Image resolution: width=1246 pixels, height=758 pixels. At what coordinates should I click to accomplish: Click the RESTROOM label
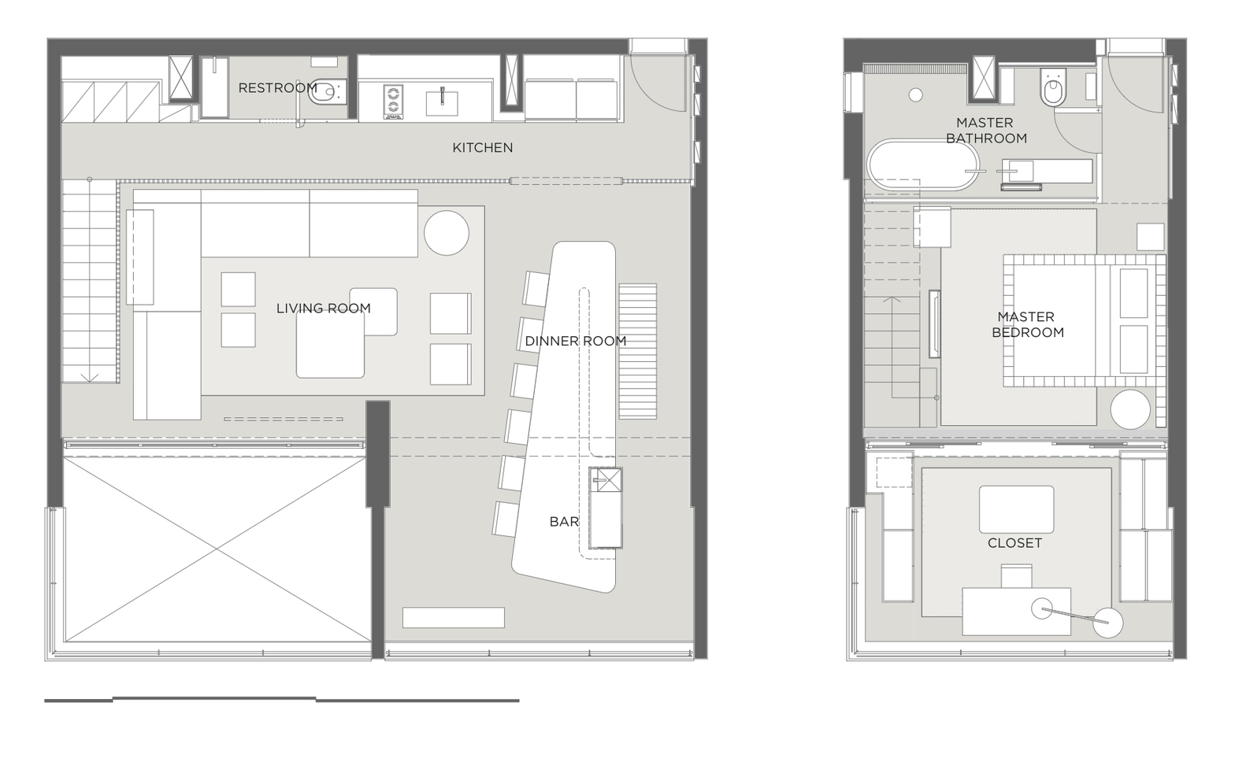point(277,88)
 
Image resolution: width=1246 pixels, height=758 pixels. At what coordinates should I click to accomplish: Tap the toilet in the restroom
point(325,94)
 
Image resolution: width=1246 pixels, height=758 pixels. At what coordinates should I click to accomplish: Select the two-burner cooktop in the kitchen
point(393,102)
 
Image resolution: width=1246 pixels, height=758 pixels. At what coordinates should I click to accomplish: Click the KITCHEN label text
point(482,148)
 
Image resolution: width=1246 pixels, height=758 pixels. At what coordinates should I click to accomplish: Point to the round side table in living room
point(447,233)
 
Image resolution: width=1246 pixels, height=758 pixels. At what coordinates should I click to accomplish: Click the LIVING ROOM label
point(323,309)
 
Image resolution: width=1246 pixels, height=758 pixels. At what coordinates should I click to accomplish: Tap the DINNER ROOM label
point(575,341)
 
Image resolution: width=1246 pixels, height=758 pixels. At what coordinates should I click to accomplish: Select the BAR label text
point(564,522)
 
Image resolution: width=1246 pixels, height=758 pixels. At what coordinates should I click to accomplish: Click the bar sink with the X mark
point(606,479)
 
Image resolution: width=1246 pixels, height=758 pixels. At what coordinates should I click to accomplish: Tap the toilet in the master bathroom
point(1051,88)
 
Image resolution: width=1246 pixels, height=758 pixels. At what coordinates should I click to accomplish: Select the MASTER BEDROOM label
point(1027,324)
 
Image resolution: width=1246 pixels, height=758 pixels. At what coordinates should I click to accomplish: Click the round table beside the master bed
point(1130,409)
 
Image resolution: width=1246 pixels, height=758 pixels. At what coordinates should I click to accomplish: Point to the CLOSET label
point(1014,543)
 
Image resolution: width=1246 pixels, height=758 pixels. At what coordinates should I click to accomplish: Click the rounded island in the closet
point(1016,509)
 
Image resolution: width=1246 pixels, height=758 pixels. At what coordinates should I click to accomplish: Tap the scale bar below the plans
point(281,699)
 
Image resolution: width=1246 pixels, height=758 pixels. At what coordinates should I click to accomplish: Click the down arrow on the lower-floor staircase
point(90,377)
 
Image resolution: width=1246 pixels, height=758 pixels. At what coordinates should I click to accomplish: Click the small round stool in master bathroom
point(915,95)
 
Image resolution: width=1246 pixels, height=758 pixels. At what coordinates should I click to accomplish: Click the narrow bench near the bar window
point(453,618)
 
